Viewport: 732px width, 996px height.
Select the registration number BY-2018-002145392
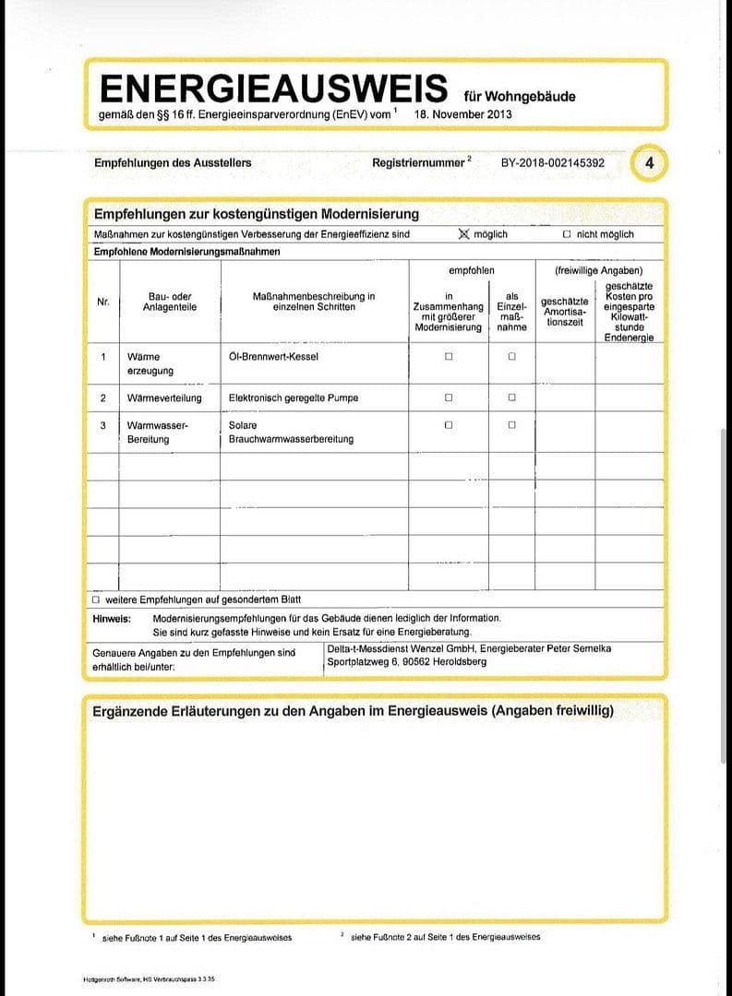pyautogui.click(x=553, y=163)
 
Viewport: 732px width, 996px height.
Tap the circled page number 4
pyautogui.click(x=650, y=163)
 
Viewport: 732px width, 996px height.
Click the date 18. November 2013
pyautogui.click(x=463, y=114)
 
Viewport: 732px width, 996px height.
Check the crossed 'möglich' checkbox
pyautogui.click(x=464, y=234)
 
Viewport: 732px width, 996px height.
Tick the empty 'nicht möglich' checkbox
pyautogui.click(x=567, y=235)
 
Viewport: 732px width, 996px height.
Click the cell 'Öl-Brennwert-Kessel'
pyautogui.click(x=273, y=357)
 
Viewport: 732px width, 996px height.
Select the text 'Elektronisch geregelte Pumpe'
pyautogui.click(x=293, y=398)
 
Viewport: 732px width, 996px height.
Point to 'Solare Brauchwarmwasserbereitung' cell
pyautogui.click(x=291, y=433)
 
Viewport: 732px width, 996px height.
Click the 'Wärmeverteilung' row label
pyautogui.click(x=163, y=398)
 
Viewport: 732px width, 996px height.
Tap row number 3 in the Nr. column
pyautogui.click(x=103, y=425)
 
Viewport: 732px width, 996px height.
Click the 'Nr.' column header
pyautogui.click(x=103, y=302)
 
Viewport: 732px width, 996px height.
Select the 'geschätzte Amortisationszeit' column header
pyautogui.click(x=564, y=312)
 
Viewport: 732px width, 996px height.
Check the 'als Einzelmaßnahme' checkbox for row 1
pyautogui.click(x=511, y=357)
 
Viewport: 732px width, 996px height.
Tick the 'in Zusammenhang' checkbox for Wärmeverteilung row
pyautogui.click(x=449, y=398)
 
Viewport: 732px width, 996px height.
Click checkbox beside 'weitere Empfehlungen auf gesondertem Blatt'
pyautogui.click(x=97, y=599)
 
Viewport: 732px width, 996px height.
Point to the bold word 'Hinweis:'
pyautogui.click(x=112, y=618)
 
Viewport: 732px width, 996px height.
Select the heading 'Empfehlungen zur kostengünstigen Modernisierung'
pyautogui.click(x=257, y=214)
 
